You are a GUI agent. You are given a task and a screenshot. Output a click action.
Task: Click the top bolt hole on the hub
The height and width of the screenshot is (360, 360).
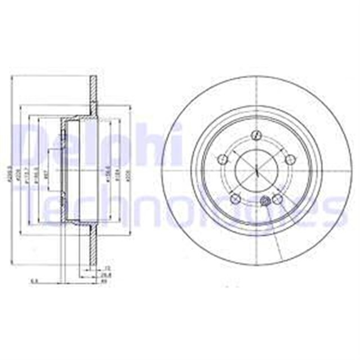click(256, 136)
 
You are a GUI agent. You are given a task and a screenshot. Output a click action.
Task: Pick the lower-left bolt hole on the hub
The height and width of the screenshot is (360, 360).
click(236, 199)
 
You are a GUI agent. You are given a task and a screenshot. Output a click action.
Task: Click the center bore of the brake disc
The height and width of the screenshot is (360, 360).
click(256, 169)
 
